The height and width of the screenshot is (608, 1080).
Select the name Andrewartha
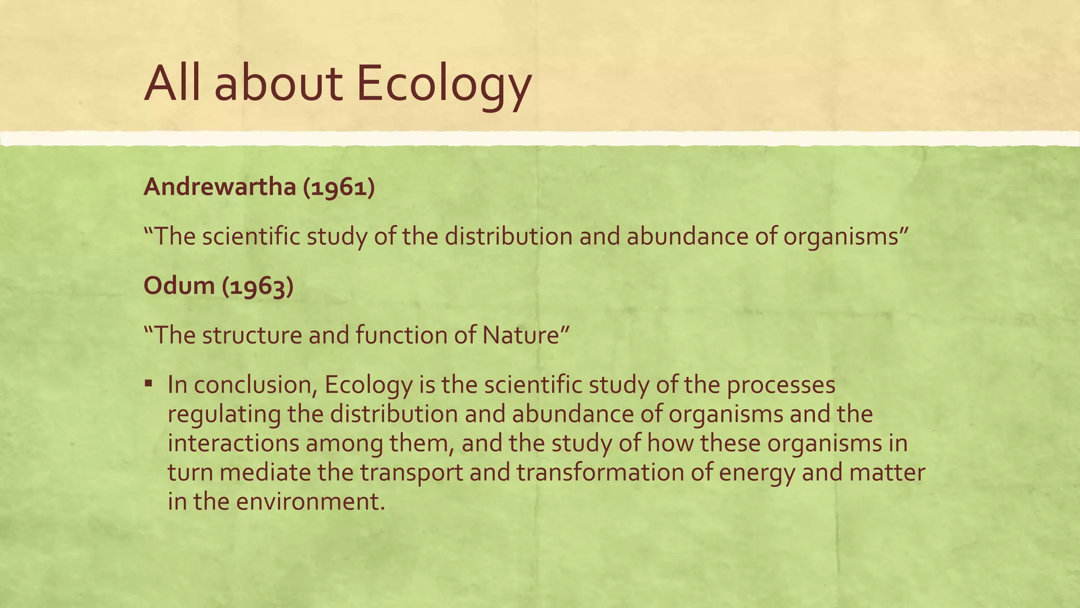[219, 187]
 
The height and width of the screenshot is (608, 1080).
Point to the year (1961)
[339, 187]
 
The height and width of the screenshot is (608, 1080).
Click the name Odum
[179, 286]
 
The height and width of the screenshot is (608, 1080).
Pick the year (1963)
[257, 287]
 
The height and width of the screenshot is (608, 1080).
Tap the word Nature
[525, 335]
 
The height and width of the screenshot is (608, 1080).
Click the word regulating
[224, 414]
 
